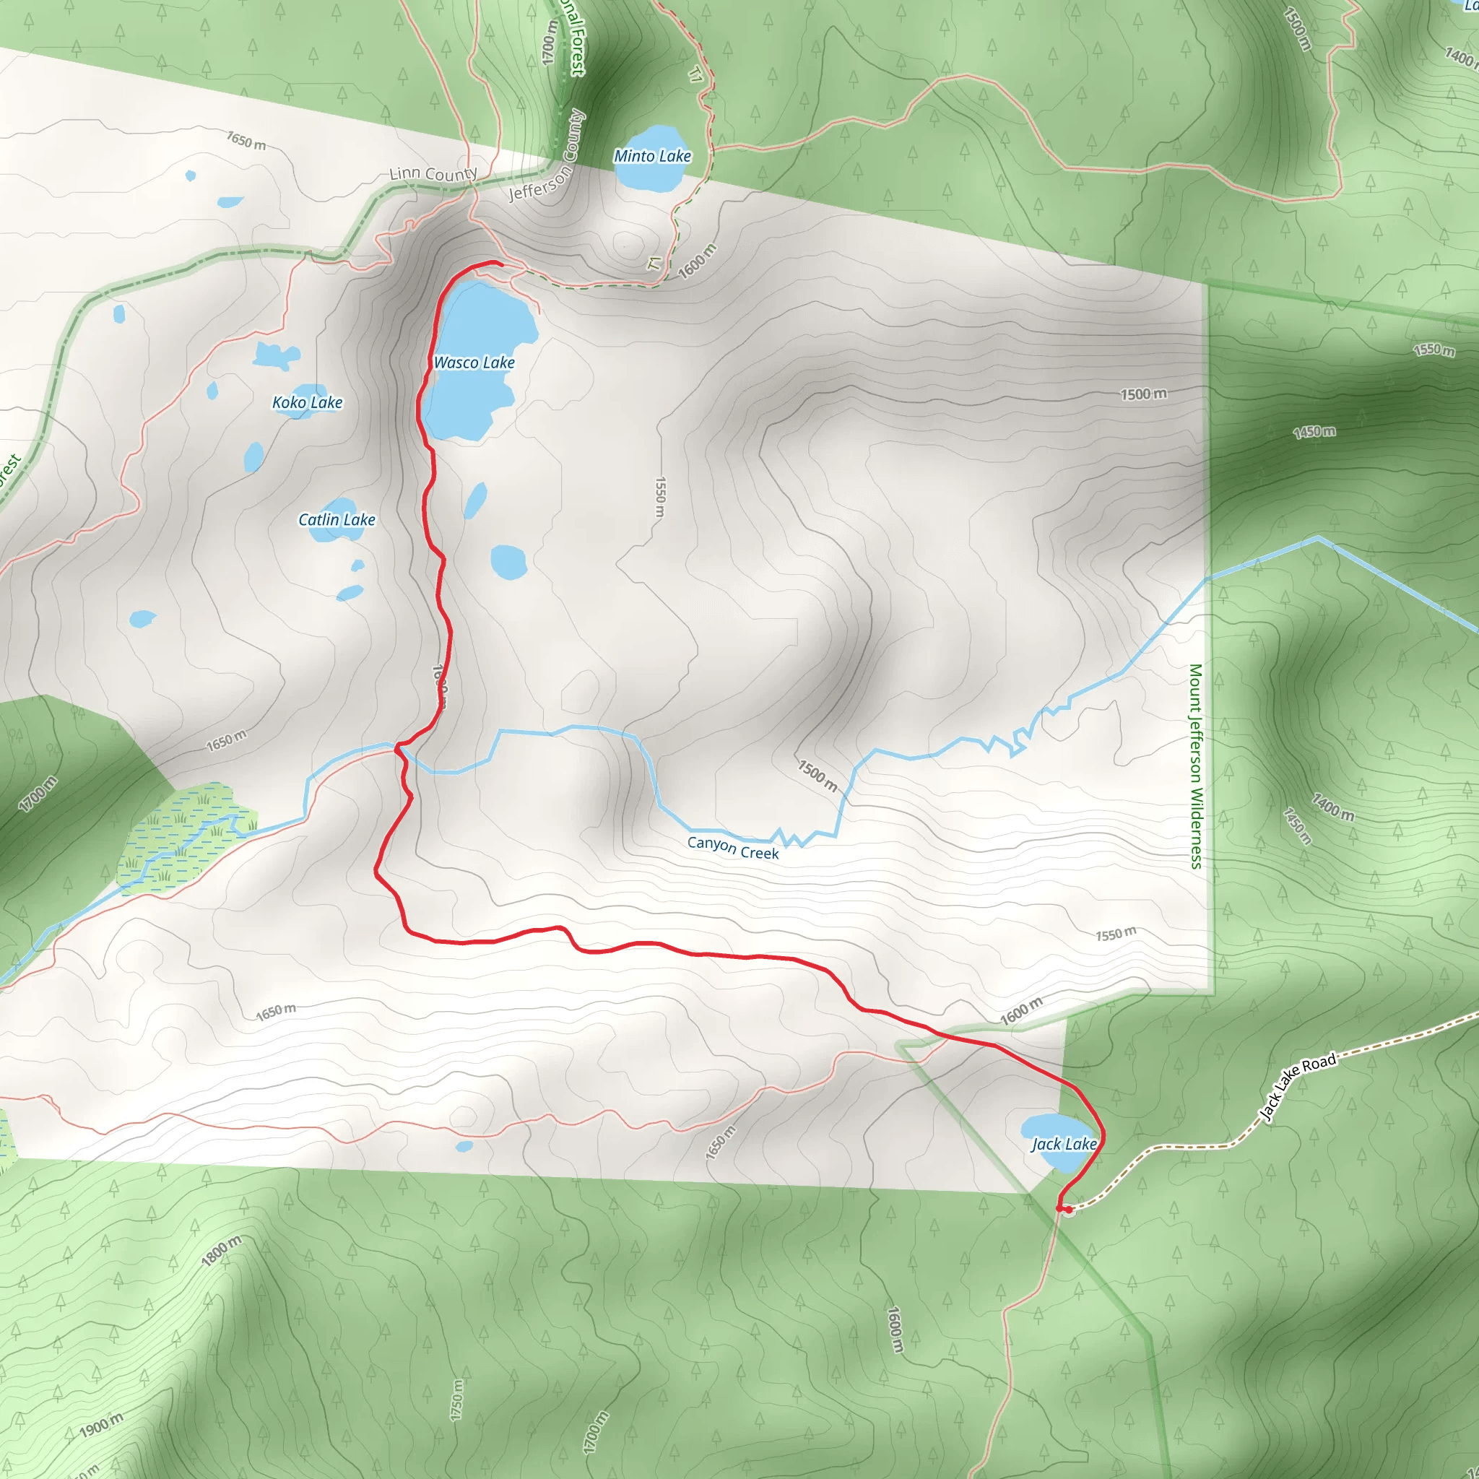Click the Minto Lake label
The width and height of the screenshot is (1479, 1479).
point(652,156)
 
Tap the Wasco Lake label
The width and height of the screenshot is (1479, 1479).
point(474,363)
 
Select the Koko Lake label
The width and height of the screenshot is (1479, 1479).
point(307,403)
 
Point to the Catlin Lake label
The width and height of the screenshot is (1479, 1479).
point(337,520)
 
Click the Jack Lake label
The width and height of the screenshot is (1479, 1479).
point(1063,1145)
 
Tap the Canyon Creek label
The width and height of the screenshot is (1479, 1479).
point(732,847)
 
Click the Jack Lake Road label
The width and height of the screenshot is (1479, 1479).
point(1298,1086)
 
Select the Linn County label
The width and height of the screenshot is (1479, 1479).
point(433,174)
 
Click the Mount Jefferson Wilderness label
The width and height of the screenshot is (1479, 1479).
point(1196,765)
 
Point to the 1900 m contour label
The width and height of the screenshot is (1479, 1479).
point(101,1425)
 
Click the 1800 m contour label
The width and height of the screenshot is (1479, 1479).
point(221,1251)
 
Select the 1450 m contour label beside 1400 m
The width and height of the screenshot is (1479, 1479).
point(1298,826)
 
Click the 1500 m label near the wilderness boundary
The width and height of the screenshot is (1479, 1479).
point(1144,394)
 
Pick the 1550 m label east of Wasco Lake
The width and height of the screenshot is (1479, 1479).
point(660,497)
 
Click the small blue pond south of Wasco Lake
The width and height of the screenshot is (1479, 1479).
point(475,500)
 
